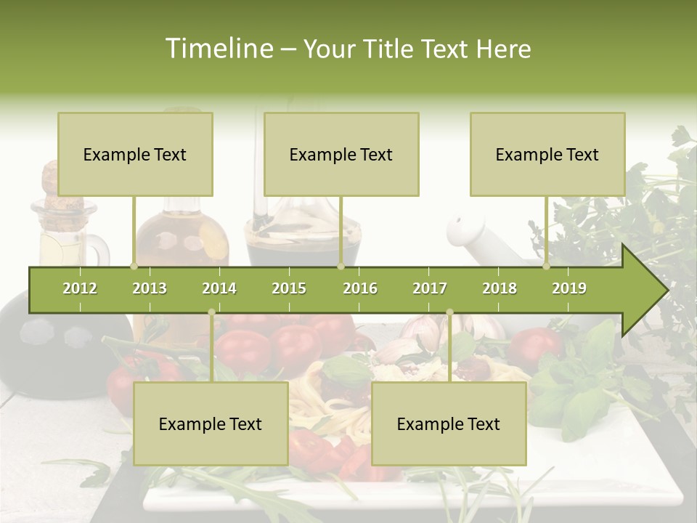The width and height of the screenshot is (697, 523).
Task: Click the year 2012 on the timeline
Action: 80,288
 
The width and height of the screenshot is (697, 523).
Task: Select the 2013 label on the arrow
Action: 150,288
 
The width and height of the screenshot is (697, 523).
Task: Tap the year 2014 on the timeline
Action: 219,288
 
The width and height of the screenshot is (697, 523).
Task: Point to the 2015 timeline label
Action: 289,288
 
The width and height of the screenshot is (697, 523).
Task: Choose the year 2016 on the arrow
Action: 360,288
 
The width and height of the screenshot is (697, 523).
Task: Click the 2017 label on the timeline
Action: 430,288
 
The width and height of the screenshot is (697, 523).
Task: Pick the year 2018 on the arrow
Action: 500,288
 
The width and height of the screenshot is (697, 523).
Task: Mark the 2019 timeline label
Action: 569,288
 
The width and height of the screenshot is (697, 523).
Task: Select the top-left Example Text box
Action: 135,154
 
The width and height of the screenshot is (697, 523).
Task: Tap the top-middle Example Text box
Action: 341,154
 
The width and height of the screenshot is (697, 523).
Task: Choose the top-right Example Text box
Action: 547,154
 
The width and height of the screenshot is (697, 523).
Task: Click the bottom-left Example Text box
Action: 211,423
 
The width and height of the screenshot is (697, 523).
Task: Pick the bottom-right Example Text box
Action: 449,423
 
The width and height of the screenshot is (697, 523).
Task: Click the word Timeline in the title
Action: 219,49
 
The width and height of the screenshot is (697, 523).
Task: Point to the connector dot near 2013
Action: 134,266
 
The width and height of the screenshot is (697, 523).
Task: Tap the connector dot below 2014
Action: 211,312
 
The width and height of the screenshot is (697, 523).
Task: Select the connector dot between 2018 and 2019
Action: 547,266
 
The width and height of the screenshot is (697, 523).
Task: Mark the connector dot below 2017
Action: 449,312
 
